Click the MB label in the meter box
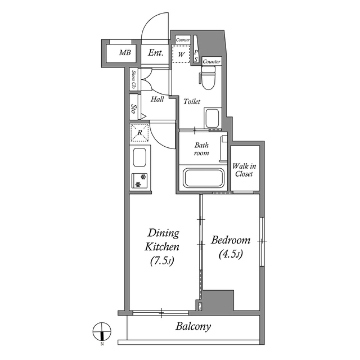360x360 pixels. [125, 53]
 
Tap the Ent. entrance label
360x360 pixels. [155, 53]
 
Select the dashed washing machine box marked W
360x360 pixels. [181, 54]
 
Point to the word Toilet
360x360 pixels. [192, 102]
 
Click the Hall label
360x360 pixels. [157, 100]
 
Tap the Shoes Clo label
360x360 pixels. [133, 79]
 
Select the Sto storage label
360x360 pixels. [133, 109]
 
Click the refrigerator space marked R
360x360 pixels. [139, 133]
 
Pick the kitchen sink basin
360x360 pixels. [139, 157]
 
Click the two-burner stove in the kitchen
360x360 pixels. [140, 180]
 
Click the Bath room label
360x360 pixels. [201, 149]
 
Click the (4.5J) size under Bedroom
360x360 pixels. [230, 255]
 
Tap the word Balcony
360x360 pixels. [193, 326]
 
